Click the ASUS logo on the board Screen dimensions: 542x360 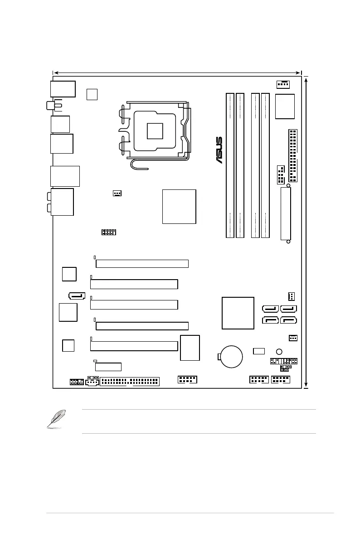[x=219, y=150]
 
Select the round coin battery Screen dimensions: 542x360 [x=231, y=356]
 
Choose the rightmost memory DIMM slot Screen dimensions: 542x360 [x=265, y=165]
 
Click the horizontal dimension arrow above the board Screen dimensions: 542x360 [x=177, y=72]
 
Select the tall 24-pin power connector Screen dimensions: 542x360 [x=292, y=155]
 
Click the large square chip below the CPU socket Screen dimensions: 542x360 [x=179, y=206]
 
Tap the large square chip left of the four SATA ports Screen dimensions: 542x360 [x=238, y=313]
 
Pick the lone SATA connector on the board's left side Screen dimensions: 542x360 [x=77, y=296]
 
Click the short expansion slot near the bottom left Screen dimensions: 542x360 [x=108, y=367]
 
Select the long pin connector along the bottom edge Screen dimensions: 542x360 [x=129, y=381]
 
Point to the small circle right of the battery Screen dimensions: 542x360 [x=279, y=352]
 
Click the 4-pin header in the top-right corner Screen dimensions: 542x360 [x=283, y=84]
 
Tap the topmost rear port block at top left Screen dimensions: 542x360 [x=63, y=88]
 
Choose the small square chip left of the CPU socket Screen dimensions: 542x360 [x=92, y=94]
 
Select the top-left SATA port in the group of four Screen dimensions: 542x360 [x=270, y=310]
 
